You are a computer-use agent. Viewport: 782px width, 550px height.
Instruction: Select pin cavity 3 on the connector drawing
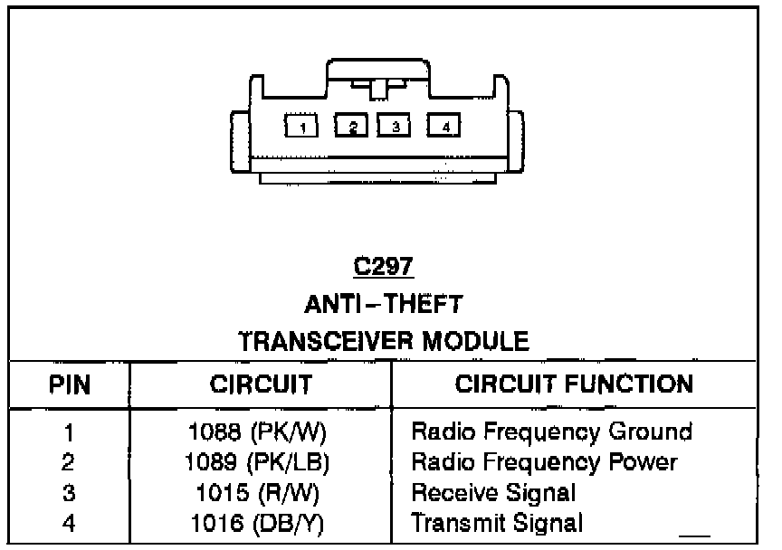(394, 126)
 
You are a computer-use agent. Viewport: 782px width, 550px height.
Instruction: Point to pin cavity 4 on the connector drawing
(444, 126)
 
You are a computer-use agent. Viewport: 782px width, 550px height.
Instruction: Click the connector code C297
(383, 268)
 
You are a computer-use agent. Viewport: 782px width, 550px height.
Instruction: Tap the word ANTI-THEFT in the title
(383, 304)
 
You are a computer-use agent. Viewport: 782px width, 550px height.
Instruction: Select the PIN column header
(69, 384)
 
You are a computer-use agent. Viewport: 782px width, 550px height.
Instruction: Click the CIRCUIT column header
(261, 384)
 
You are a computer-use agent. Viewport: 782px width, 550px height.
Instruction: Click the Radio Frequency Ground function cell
(551, 431)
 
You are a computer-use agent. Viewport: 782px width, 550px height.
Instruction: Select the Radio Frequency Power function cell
(544, 462)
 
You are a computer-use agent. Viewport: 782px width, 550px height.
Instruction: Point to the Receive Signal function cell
(493, 493)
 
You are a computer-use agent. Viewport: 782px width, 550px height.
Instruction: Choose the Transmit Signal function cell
(497, 523)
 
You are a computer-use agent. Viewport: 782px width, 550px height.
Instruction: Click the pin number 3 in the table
(68, 493)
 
